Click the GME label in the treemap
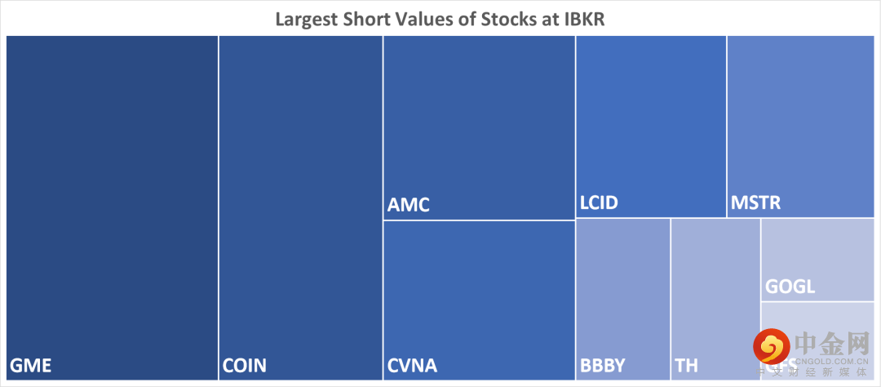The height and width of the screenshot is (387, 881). pyautogui.click(x=31, y=365)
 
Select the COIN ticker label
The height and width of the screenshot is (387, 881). pyautogui.click(x=246, y=365)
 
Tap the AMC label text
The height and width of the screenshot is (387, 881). pyautogui.click(x=409, y=205)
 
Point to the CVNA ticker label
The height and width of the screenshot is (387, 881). pyautogui.click(x=413, y=365)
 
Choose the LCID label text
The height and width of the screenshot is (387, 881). pyautogui.click(x=599, y=202)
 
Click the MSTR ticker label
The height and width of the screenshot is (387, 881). pyautogui.click(x=756, y=202)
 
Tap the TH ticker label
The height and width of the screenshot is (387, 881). pyautogui.click(x=687, y=365)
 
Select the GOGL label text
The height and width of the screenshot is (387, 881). pyautogui.click(x=790, y=287)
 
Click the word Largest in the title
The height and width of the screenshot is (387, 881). pyautogui.click(x=307, y=18)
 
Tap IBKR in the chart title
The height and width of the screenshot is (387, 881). pyautogui.click(x=584, y=18)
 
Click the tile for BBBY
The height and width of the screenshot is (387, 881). pyautogui.click(x=622, y=294)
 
